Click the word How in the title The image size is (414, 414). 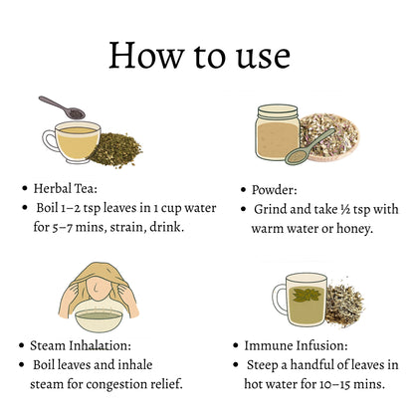(146, 56)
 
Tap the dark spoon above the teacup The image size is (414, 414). (62, 107)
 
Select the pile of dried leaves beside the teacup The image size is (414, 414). (116, 150)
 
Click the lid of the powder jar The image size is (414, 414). (278, 111)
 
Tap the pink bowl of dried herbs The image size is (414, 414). (329, 137)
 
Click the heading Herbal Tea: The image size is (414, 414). (66, 188)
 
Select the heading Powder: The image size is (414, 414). (274, 190)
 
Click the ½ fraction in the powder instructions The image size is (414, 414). (345, 209)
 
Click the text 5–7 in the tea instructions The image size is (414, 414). (63, 228)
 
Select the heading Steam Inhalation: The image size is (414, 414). (81, 345)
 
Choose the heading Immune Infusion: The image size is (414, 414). (296, 345)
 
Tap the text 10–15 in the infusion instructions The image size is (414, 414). (334, 384)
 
